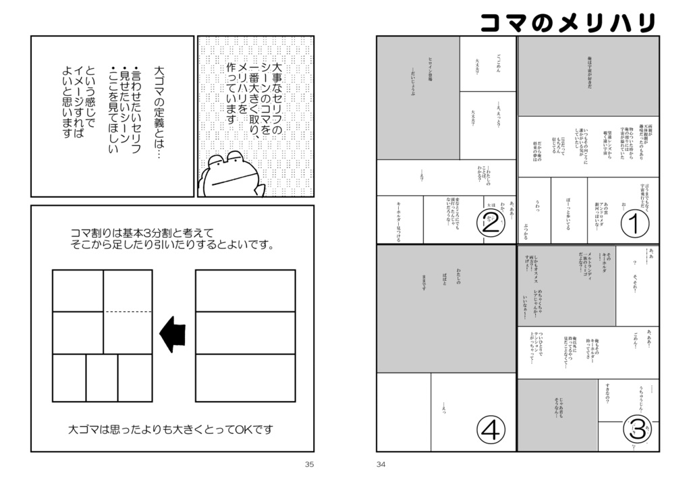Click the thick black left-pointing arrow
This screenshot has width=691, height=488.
tap(172, 335)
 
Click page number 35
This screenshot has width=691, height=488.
tap(310, 464)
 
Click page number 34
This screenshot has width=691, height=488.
tap(381, 464)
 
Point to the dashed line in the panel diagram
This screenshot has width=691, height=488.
tap(128, 312)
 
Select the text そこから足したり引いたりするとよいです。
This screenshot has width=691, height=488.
tap(172, 245)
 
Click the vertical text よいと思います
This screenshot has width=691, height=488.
tap(65, 101)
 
